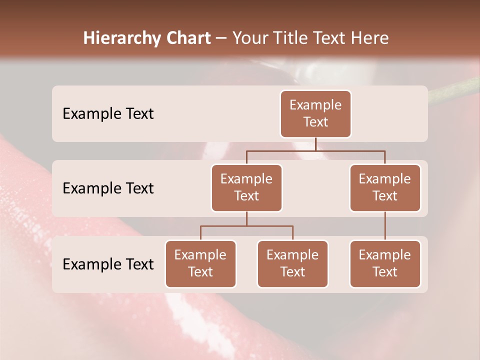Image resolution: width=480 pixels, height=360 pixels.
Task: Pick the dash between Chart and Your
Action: tap(221, 38)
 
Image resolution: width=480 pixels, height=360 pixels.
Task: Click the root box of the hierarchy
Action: tap(315, 114)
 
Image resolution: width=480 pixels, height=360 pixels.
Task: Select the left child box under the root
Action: tap(246, 188)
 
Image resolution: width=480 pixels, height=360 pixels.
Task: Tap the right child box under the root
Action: tap(385, 188)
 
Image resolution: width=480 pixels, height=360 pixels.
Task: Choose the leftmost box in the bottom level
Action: tap(200, 264)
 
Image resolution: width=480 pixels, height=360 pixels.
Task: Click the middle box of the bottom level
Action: tap(292, 264)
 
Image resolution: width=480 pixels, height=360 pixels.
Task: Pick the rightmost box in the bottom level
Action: tap(385, 264)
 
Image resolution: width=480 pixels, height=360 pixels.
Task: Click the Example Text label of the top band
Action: tap(108, 114)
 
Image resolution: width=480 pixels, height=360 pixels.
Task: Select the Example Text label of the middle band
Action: tap(108, 188)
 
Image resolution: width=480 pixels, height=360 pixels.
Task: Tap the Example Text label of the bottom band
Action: tap(108, 264)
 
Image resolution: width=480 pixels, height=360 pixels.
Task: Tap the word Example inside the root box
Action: tap(315, 105)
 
